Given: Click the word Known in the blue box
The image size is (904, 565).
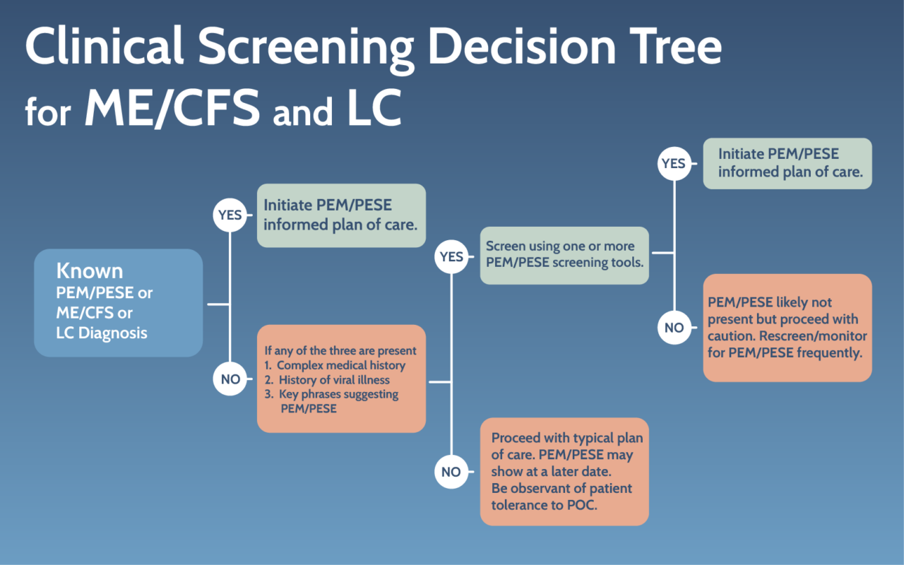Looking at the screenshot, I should (90, 271).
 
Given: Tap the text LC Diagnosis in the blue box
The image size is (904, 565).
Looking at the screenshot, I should (102, 333).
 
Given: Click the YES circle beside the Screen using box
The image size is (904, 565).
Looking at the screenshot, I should (451, 257).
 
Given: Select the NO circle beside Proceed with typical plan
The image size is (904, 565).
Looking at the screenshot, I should (451, 472).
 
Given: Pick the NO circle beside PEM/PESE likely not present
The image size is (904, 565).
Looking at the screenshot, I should (674, 328).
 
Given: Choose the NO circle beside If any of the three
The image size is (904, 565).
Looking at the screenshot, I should (230, 379).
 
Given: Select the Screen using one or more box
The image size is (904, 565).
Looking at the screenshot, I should (564, 256).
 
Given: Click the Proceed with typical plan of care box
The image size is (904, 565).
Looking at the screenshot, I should (564, 471).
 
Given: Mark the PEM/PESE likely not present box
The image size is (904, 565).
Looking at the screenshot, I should (787, 328).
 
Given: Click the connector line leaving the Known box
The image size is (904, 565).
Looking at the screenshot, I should (218, 304).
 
